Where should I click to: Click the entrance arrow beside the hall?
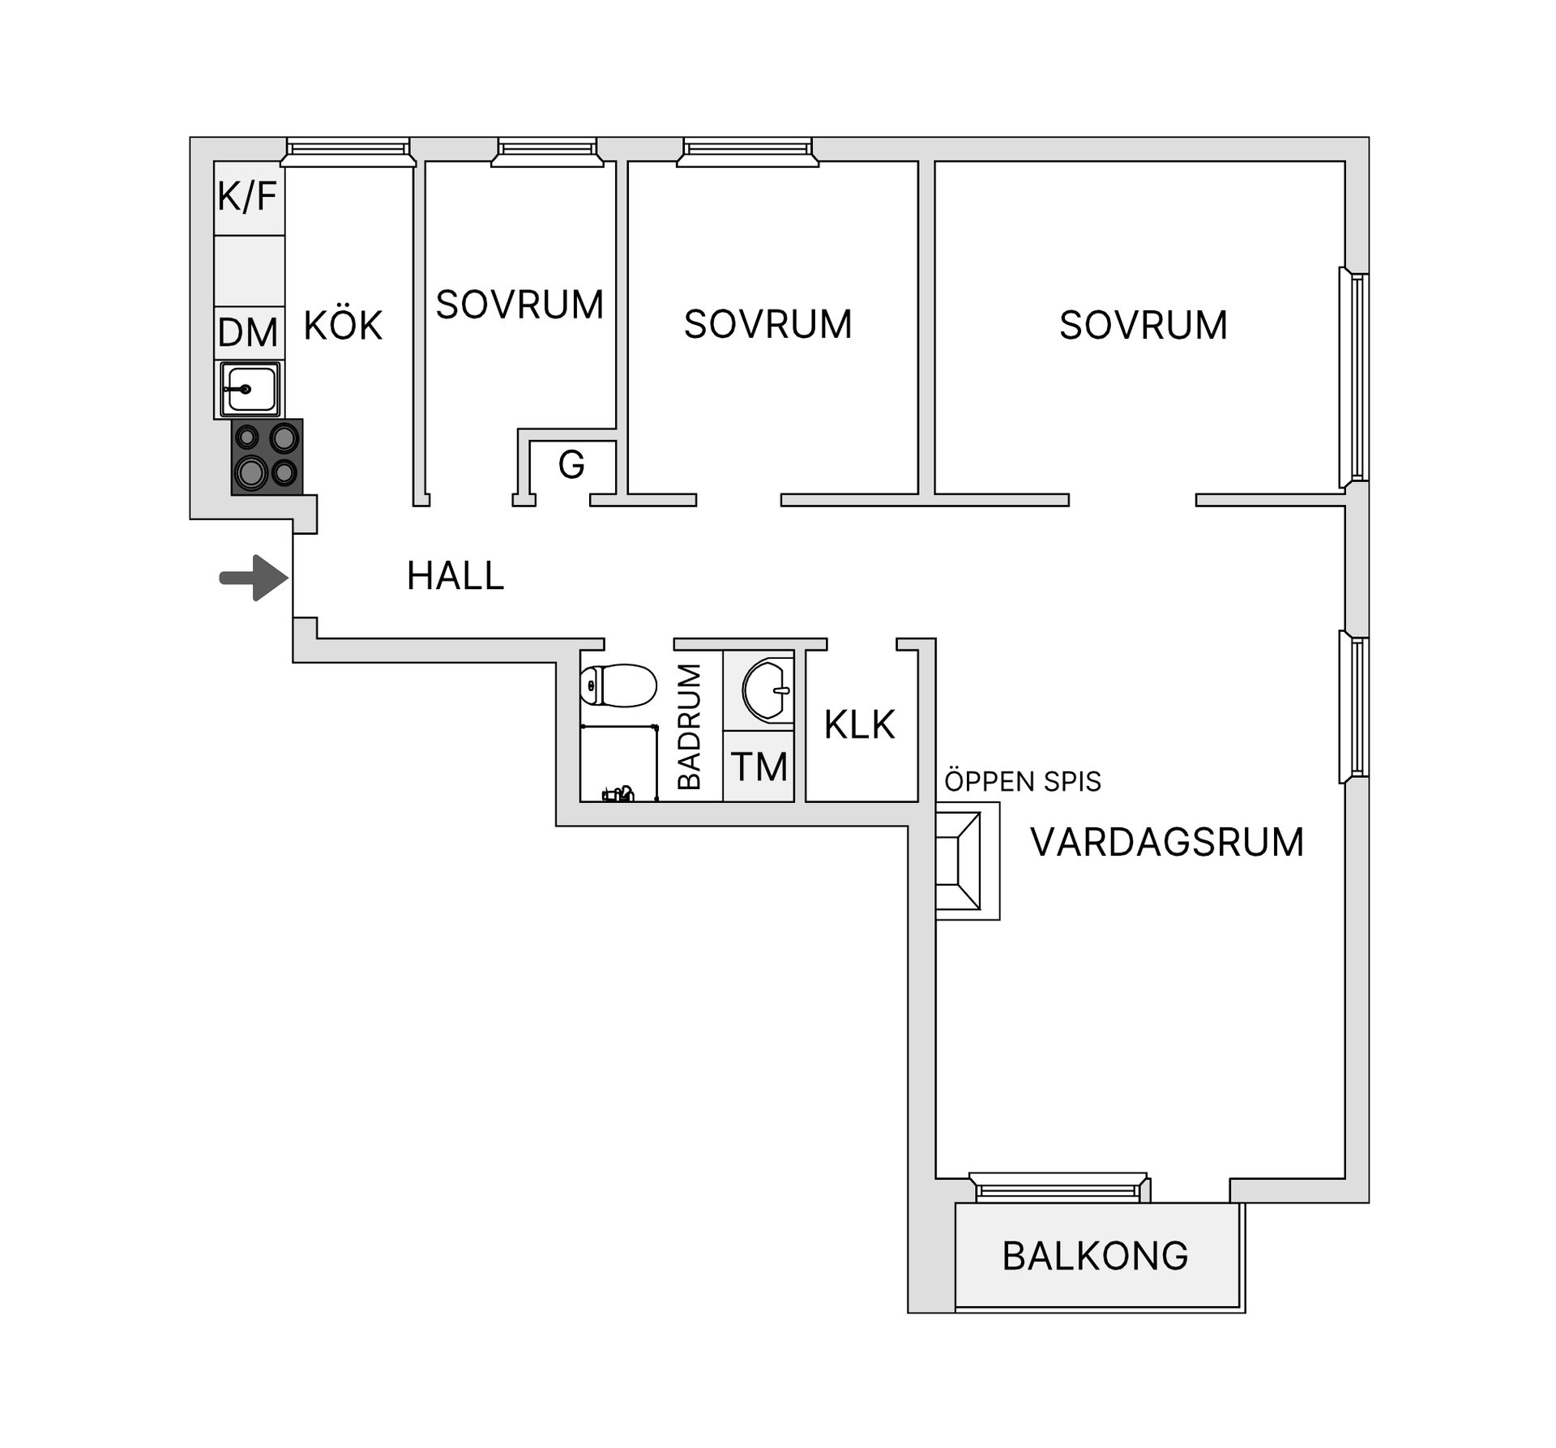pos(254,578)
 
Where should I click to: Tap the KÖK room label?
pos(343,326)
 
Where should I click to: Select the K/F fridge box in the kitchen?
pos(249,198)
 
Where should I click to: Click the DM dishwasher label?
pos(248,333)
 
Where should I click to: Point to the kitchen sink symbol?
pos(250,390)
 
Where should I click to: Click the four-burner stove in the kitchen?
pos(267,456)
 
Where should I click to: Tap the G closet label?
pos(571,465)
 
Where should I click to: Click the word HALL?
pos(455,576)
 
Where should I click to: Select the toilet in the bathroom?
pos(618,686)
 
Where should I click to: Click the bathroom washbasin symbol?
pos(767,690)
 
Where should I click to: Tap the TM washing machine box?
pos(759,767)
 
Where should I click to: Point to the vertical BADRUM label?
pos(689,727)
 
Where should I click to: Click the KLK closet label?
pos(860,725)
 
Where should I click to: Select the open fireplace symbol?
pos(968,861)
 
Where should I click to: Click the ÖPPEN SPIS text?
pos(1023,781)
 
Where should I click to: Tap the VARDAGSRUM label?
pos(1167,843)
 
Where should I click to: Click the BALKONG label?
pos(1095,1256)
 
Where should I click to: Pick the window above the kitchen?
pos(348,152)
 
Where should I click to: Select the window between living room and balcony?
pos(1059,1188)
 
